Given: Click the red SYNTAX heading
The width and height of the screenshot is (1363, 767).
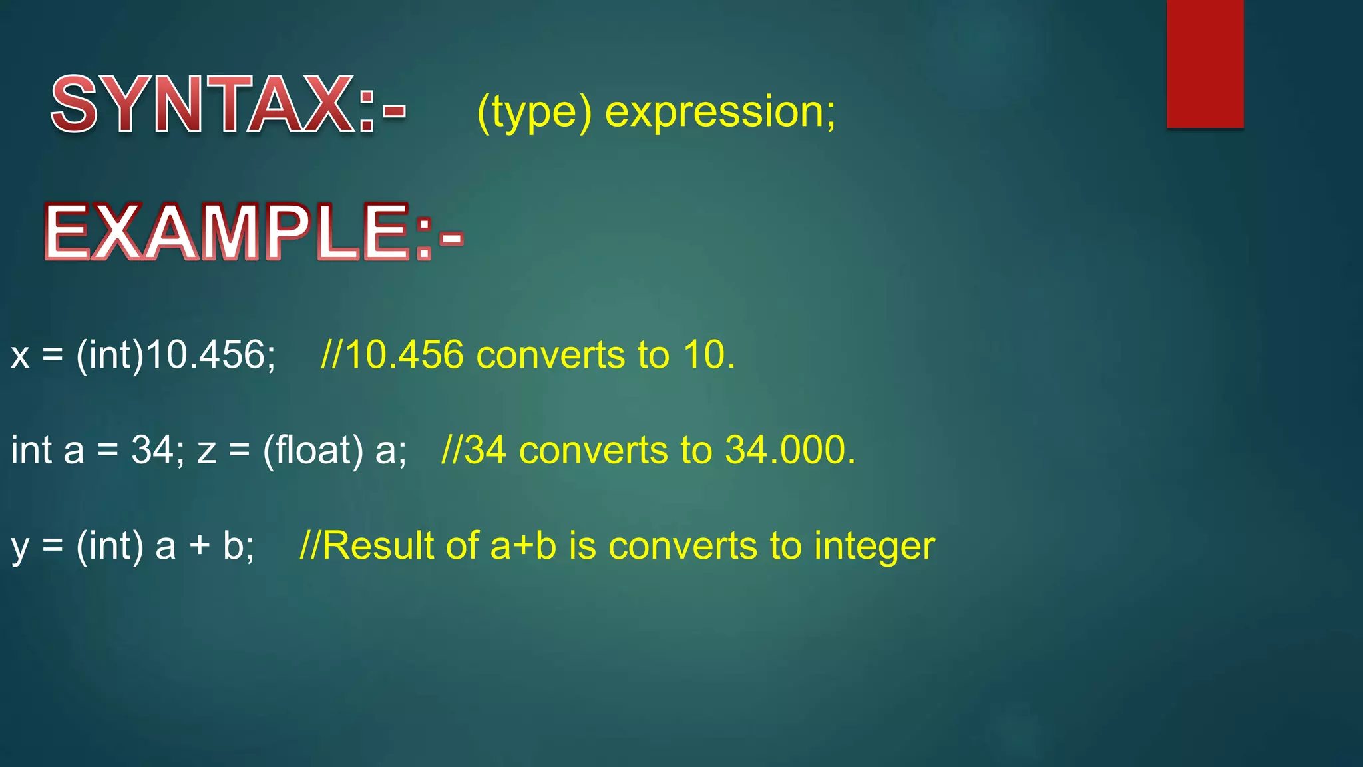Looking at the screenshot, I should click(226, 105).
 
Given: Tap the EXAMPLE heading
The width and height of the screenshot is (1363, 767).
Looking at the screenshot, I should click(253, 232).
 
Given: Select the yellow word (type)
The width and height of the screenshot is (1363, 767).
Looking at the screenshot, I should click(534, 112).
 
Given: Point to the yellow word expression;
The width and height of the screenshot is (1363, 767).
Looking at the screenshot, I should click(719, 112).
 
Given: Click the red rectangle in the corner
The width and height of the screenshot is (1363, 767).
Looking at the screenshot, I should click(1205, 63).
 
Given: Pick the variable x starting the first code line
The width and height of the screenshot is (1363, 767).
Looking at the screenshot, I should click(20, 355).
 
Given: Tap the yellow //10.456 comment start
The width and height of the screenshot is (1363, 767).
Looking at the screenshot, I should click(392, 355).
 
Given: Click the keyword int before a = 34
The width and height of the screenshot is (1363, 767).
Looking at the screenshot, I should click(31, 450).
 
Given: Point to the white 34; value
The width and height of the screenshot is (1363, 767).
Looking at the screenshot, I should click(157, 450).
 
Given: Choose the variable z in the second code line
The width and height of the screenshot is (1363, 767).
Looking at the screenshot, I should click(206, 451).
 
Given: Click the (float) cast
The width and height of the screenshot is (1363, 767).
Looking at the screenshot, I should click(313, 450).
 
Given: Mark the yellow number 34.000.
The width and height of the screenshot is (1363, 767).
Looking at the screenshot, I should click(789, 450).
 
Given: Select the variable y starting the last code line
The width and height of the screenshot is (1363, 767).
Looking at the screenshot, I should click(20, 547).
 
